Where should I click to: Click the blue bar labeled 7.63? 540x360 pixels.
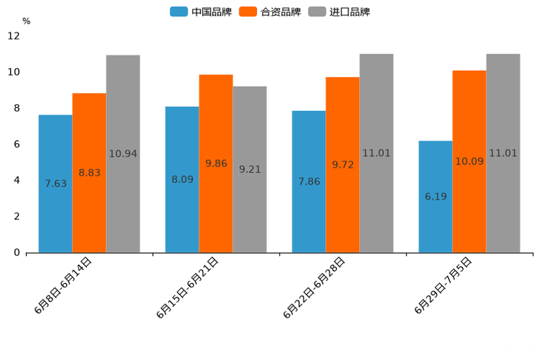55,184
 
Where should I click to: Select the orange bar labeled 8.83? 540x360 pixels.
89,173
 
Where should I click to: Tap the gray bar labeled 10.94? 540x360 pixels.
123,154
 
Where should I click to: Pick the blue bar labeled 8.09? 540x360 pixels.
182,179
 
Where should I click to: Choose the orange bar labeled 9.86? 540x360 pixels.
216,163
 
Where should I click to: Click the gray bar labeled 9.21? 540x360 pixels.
250,169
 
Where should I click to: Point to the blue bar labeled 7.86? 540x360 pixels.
308,181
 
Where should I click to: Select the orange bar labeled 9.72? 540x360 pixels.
343,165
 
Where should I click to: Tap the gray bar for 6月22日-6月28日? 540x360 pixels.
376,153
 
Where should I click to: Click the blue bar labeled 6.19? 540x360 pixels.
435,197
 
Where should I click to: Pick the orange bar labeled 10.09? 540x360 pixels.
470,161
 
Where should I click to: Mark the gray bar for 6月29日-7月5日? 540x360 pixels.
503,153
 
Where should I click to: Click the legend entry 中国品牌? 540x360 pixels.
201,12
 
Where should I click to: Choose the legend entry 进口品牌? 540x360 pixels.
339,12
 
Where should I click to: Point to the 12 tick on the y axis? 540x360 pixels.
14,36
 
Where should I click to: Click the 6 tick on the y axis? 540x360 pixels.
17,144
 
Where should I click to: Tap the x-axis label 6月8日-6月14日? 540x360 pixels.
64,285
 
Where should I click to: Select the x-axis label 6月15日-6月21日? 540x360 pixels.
188,287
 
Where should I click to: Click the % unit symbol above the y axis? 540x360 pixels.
26,21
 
